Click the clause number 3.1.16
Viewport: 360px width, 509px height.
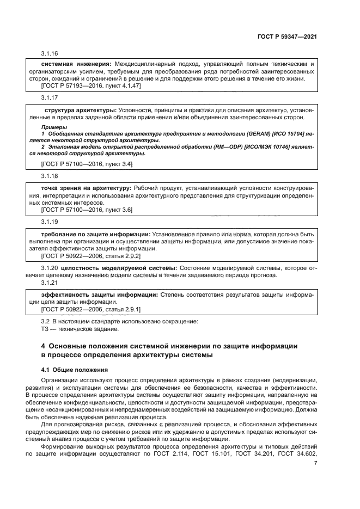pyautogui.click(x=50, y=53)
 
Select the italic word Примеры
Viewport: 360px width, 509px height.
pyautogui.click(x=53, y=127)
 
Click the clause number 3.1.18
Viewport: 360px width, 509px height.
pyautogui.click(x=50, y=176)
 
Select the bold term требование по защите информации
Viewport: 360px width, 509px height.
pyautogui.click(x=95, y=234)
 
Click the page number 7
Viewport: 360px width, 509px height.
pyautogui.click(x=315, y=463)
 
